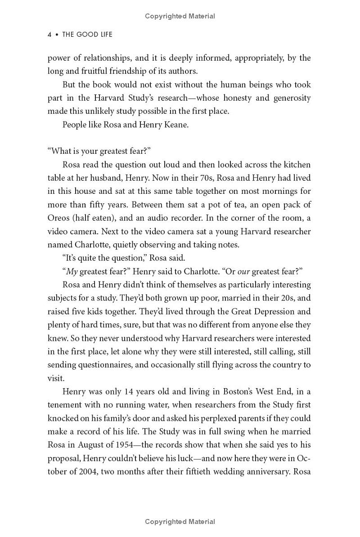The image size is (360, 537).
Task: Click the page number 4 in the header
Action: point(49,35)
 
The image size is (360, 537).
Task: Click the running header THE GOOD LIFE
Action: point(87,35)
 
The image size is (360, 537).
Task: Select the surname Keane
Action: point(176,125)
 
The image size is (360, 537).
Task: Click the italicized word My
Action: point(72,271)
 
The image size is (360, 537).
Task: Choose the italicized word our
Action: point(243,271)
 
